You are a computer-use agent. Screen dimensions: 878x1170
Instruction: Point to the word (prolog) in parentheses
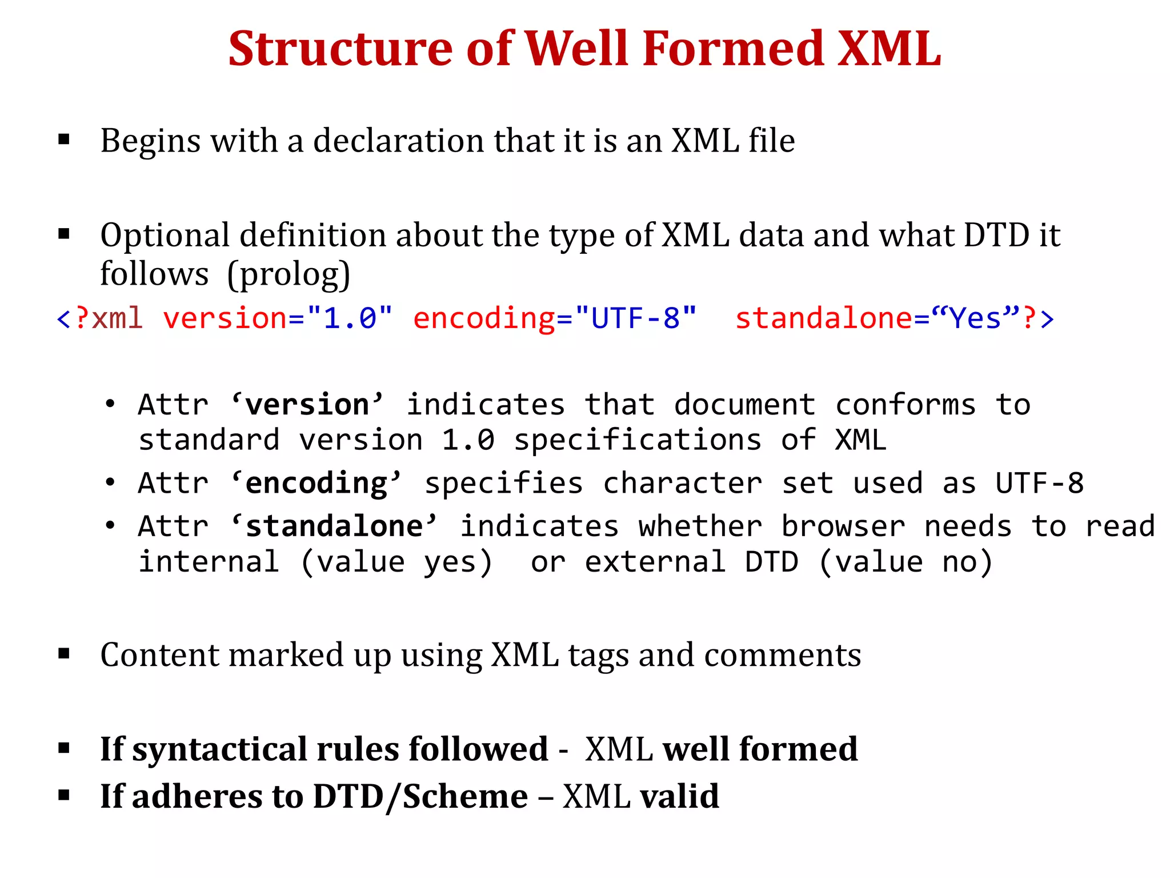pyautogui.click(x=289, y=274)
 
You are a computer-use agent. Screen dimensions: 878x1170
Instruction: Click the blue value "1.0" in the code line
pyautogui.click(x=350, y=318)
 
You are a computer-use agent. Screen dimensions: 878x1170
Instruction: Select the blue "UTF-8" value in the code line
pyautogui.click(x=636, y=318)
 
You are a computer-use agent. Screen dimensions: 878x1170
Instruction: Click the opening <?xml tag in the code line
pyautogui.click(x=99, y=318)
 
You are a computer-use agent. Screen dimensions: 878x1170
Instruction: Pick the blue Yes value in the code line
pyautogui.click(x=975, y=318)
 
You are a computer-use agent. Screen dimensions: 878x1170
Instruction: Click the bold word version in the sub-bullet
pyautogui.click(x=307, y=405)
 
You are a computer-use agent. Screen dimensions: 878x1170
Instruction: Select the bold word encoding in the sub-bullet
pyautogui.click(x=316, y=483)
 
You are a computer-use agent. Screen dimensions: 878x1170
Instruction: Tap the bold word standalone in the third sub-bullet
pyautogui.click(x=334, y=526)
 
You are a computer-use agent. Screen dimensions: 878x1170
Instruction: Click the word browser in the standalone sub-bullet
pyautogui.click(x=843, y=526)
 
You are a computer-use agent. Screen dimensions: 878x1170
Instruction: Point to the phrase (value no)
pyautogui.click(x=905, y=562)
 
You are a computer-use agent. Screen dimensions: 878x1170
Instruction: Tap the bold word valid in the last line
pyautogui.click(x=679, y=796)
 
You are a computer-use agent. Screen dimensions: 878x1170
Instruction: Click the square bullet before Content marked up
pyautogui.click(x=64, y=653)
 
